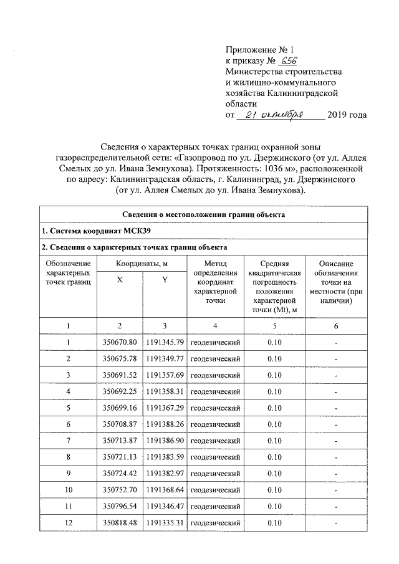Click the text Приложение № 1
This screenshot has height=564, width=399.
(x=258, y=49)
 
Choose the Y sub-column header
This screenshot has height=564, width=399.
(x=165, y=280)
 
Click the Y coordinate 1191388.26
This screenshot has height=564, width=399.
(x=165, y=424)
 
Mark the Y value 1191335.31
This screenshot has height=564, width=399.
(x=165, y=522)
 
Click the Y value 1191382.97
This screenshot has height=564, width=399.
(x=165, y=473)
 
